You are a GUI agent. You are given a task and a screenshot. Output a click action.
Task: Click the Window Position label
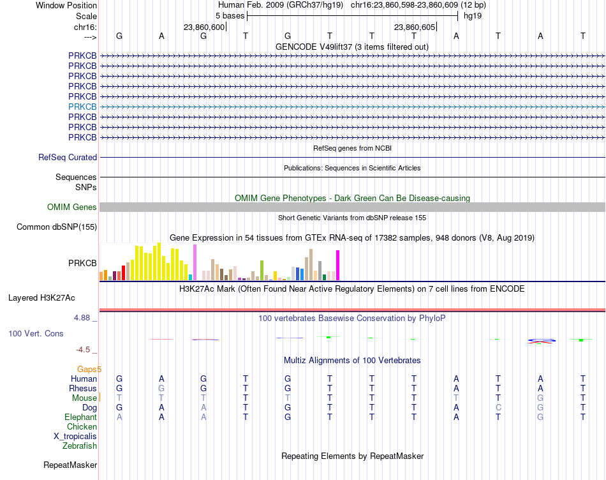click(x=66, y=5)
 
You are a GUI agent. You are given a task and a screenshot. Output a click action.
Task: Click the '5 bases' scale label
click(x=230, y=16)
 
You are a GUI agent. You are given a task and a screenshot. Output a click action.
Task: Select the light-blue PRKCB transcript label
click(x=82, y=107)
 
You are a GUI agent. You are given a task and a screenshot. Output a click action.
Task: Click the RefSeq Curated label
click(x=68, y=158)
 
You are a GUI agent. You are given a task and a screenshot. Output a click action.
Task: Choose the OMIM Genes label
click(x=72, y=207)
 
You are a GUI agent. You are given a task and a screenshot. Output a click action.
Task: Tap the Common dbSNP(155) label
click(x=57, y=227)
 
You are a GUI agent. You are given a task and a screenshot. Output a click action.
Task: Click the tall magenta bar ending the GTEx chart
click(x=338, y=266)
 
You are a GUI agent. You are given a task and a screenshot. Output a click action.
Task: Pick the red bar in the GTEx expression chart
click(x=123, y=273)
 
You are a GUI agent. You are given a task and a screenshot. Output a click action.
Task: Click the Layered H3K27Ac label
click(x=41, y=298)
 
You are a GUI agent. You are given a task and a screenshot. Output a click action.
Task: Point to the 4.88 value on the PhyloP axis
click(x=82, y=318)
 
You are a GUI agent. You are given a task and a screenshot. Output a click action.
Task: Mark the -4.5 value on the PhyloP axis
click(x=83, y=350)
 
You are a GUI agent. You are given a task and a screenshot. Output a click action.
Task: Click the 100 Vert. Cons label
click(x=36, y=333)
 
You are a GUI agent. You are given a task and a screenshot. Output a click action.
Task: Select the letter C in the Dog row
click(x=498, y=408)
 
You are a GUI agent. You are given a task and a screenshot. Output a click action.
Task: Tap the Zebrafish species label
click(x=80, y=446)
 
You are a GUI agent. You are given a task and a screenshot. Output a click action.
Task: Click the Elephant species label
click(x=81, y=417)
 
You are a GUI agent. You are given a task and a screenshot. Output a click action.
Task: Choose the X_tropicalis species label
click(x=75, y=437)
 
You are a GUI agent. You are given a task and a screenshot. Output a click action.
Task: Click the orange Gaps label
click(x=89, y=370)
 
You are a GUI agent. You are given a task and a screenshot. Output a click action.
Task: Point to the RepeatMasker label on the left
click(x=70, y=465)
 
